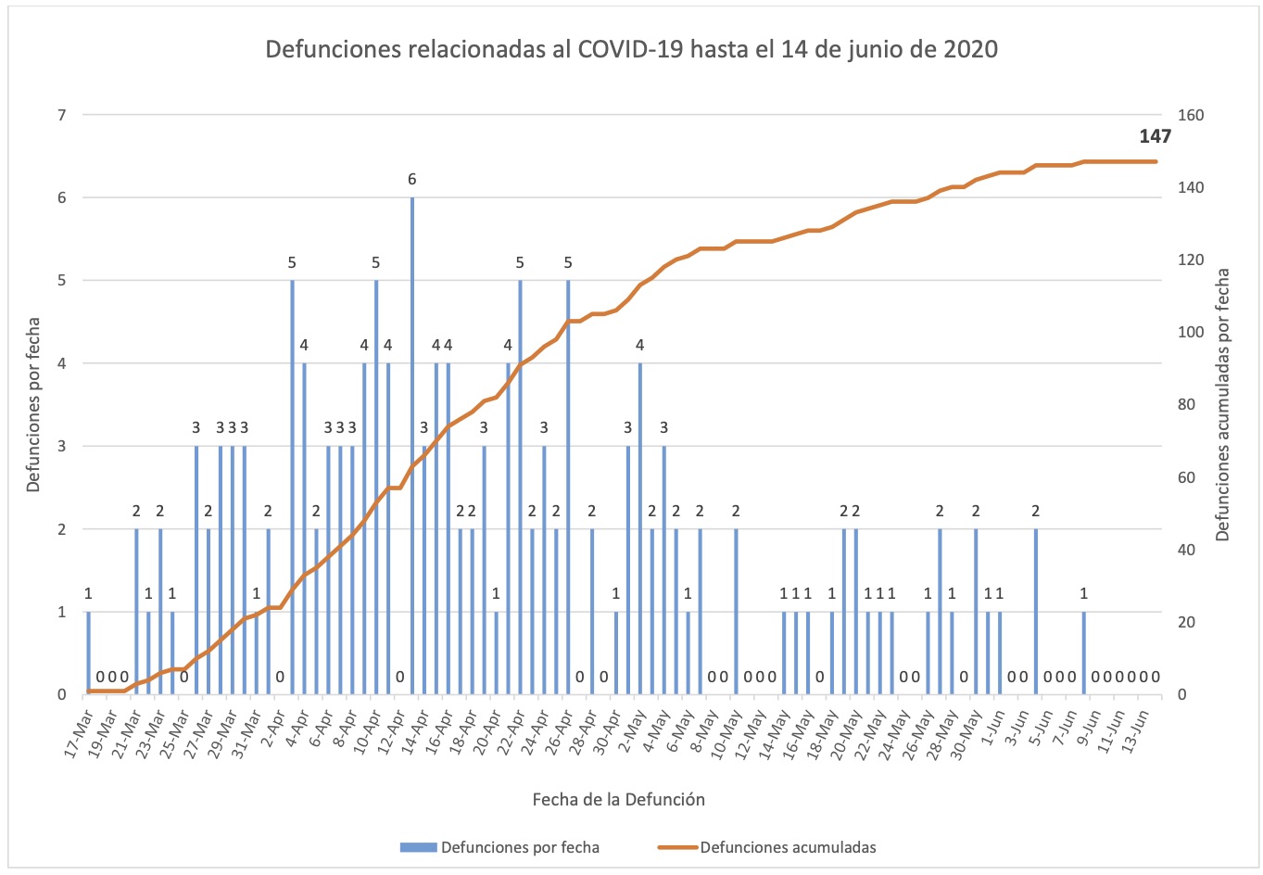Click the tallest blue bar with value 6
point(412,445)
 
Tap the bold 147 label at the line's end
point(1155,136)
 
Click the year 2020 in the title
point(970,49)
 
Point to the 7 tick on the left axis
point(62,115)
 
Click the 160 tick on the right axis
point(1191,115)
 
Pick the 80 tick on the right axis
point(1187,405)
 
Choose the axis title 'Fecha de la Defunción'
point(618,799)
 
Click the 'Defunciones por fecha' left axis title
point(33,405)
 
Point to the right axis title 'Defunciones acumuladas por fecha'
point(1223,405)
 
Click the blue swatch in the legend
point(418,847)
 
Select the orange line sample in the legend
point(677,847)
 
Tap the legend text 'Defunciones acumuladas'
point(788,847)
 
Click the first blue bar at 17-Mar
point(89,653)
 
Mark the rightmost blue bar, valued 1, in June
point(1083,653)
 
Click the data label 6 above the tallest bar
point(412,179)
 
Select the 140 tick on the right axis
point(1191,187)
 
